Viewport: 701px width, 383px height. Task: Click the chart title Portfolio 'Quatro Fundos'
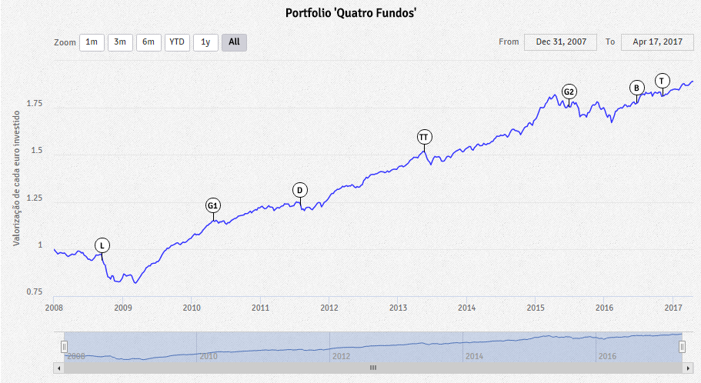point(350,13)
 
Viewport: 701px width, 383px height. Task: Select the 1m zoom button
point(92,42)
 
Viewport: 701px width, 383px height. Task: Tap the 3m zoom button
point(120,42)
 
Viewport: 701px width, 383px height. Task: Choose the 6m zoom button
point(149,42)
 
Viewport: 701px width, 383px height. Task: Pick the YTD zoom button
point(177,42)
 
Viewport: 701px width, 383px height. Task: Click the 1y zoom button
point(205,42)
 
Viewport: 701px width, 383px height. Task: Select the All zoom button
point(234,42)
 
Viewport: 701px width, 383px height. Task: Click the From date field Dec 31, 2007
point(560,42)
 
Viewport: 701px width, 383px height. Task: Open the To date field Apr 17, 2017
point(657,42)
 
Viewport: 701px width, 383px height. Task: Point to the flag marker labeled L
point(102,245)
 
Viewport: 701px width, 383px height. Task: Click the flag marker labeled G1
point(213,205)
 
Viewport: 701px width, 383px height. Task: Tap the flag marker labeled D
point(300,190)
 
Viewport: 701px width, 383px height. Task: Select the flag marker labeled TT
point(424,137)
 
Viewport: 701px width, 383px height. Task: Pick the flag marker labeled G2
point(569,92)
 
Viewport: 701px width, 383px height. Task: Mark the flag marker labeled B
point(636,88)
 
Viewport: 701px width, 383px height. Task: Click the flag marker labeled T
point(663,81)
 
